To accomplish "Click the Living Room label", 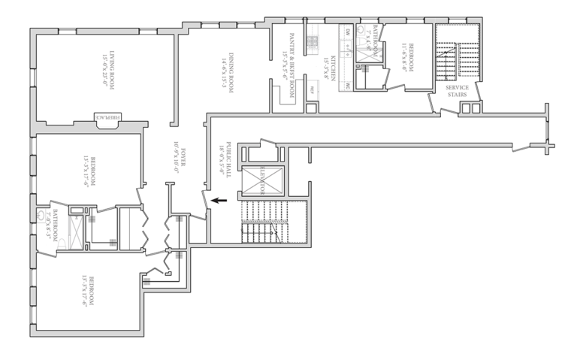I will [x=110, y=71].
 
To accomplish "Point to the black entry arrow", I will [x=219, y=200].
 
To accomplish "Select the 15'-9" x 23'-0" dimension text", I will [x=103, y=71].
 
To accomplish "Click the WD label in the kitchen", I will [x=348, y=86].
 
